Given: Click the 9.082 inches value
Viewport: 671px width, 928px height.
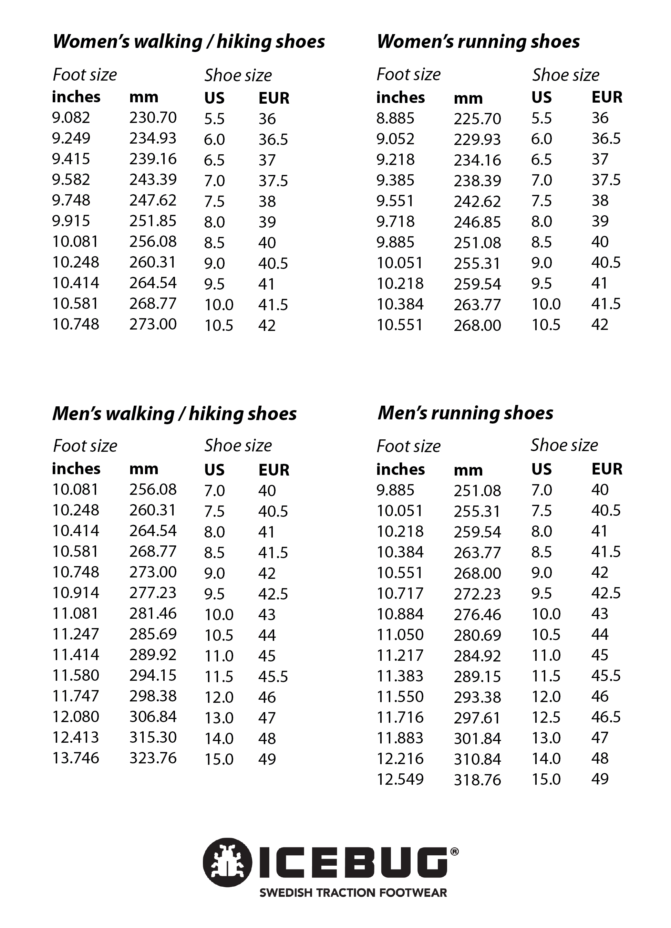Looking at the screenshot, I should click(71, 117).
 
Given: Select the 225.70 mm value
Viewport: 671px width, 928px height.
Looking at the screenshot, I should click(477, 119).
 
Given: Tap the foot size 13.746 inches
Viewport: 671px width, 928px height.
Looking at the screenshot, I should click(76, 758).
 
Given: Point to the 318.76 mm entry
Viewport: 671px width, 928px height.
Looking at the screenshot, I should click(477, 780).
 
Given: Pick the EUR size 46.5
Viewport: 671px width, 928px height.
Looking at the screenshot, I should click(606, 717).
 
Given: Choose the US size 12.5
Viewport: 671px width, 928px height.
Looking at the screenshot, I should click(546, 717).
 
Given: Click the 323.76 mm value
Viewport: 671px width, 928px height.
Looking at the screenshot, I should click(153, 758).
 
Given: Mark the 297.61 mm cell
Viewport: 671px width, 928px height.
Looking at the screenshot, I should click(477, 718).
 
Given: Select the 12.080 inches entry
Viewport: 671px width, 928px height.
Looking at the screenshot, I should click(76, 717).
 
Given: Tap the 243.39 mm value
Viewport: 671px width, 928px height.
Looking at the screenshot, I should click(153, 179).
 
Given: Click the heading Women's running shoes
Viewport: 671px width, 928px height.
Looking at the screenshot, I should click(478, 42).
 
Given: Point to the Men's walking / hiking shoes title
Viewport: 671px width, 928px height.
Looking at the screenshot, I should click(174, 414).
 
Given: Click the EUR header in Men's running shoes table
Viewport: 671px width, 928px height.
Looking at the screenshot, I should click(607, 469).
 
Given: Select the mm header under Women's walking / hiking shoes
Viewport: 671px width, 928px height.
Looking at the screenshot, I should click(144, 97).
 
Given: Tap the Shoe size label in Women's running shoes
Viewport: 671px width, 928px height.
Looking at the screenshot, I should click(565, 75).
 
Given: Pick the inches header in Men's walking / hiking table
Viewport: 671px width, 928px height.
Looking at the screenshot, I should click(76, 469).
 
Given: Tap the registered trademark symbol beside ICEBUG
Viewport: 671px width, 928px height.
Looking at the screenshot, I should click(454, 852).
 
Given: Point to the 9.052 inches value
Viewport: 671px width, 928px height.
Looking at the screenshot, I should click(395, 139).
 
